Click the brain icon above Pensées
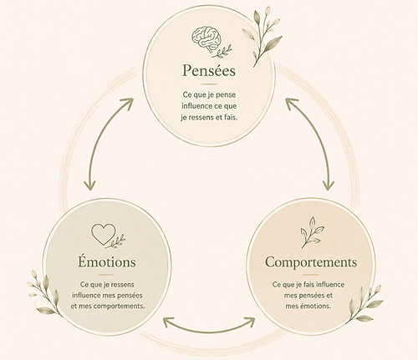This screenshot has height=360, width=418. coord(206,39)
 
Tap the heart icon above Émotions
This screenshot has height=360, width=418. coord(104,234)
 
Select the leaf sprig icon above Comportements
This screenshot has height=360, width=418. coord(312,232)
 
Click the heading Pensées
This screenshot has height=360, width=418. coord(209,70)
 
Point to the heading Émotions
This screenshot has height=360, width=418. coord(107,261)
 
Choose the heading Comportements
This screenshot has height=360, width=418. coord(311,261)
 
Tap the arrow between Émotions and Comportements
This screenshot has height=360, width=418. coord(209,325)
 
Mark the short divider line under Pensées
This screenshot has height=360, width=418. coord(209,84)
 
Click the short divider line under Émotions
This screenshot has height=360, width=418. coord(106,275)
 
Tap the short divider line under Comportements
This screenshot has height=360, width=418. coord(311,275)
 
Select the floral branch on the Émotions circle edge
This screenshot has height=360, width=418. coord(44,294)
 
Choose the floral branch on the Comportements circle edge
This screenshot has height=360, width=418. coord(365,304)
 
